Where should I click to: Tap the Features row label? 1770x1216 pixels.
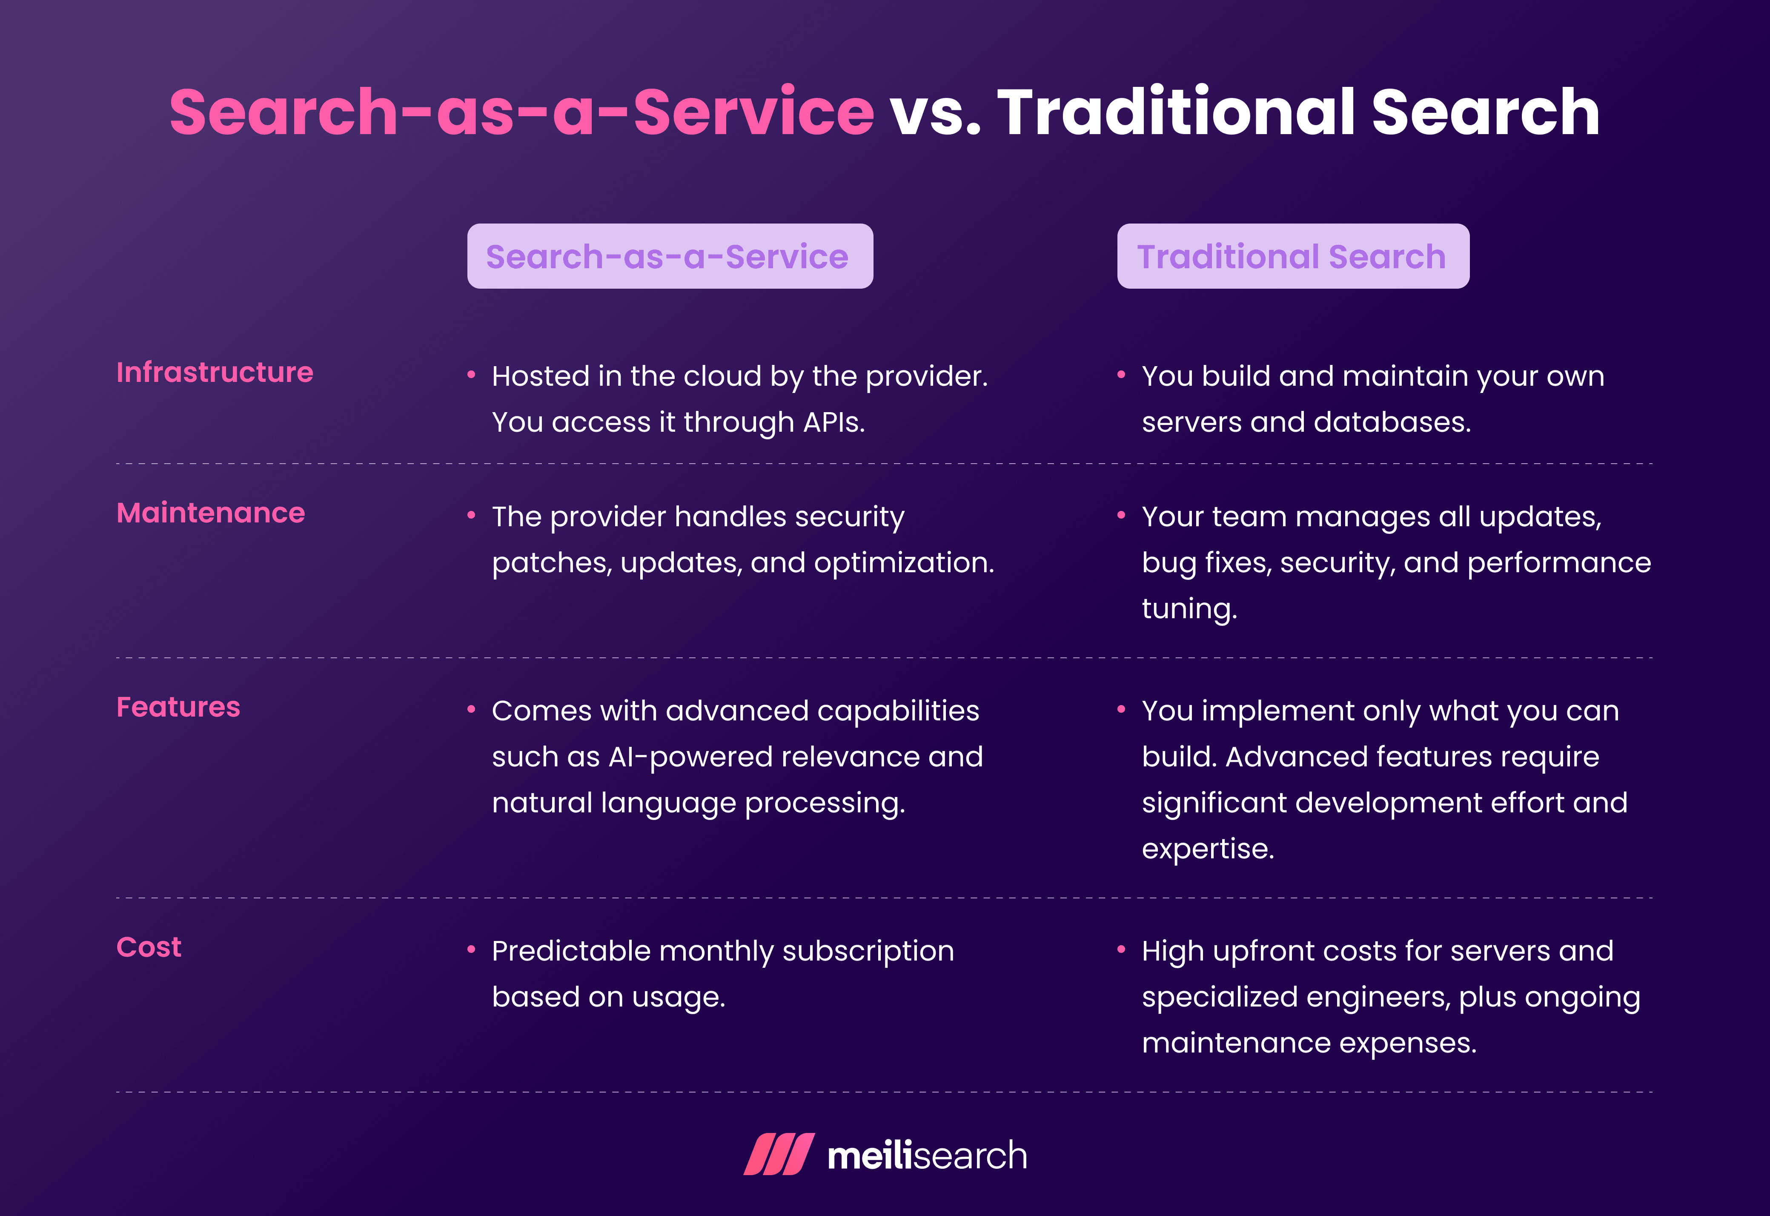tap(178, 707)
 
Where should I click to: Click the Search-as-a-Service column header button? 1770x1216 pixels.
tap(670, 256)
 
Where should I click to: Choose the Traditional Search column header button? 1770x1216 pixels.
tap(1292, 256)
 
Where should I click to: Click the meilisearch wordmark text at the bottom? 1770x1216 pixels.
tap(927, 1156)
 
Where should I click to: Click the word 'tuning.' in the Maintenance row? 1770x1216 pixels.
tap(1189, 609)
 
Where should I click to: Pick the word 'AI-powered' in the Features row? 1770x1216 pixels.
tap(690, 757)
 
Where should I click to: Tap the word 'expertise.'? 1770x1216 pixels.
tap(1208, 849)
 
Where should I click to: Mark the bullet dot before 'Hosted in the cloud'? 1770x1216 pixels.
tap(471, 374)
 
